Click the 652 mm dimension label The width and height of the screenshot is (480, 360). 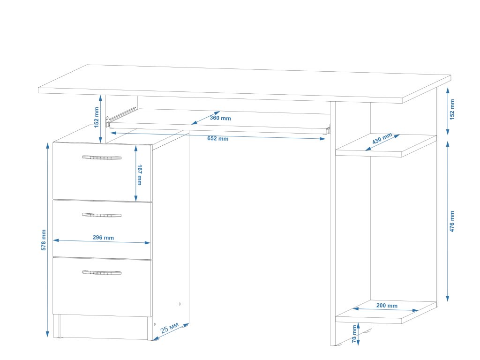(x=217, y=138)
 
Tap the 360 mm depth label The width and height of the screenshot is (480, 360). (x=220, y=118)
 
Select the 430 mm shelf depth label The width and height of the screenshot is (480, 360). (x=382, y=139)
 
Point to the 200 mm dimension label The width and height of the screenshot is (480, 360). (x=387, y=306)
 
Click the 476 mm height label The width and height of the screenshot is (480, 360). (x=452, y=221)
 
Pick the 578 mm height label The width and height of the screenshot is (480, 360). (x=44, y=240)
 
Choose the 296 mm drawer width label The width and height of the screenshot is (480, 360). (x=103, y=238)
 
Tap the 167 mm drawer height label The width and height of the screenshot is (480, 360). (x=139, y=174)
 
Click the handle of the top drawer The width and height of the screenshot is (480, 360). (x=101, y=157)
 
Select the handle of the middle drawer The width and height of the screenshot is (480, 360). (x=101, y=215)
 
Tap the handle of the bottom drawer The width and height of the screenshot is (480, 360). (x=101, y=272)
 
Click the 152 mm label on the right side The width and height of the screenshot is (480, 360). (x=452, y=109)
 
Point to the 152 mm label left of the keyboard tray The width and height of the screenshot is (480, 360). (x=97, y=117)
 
